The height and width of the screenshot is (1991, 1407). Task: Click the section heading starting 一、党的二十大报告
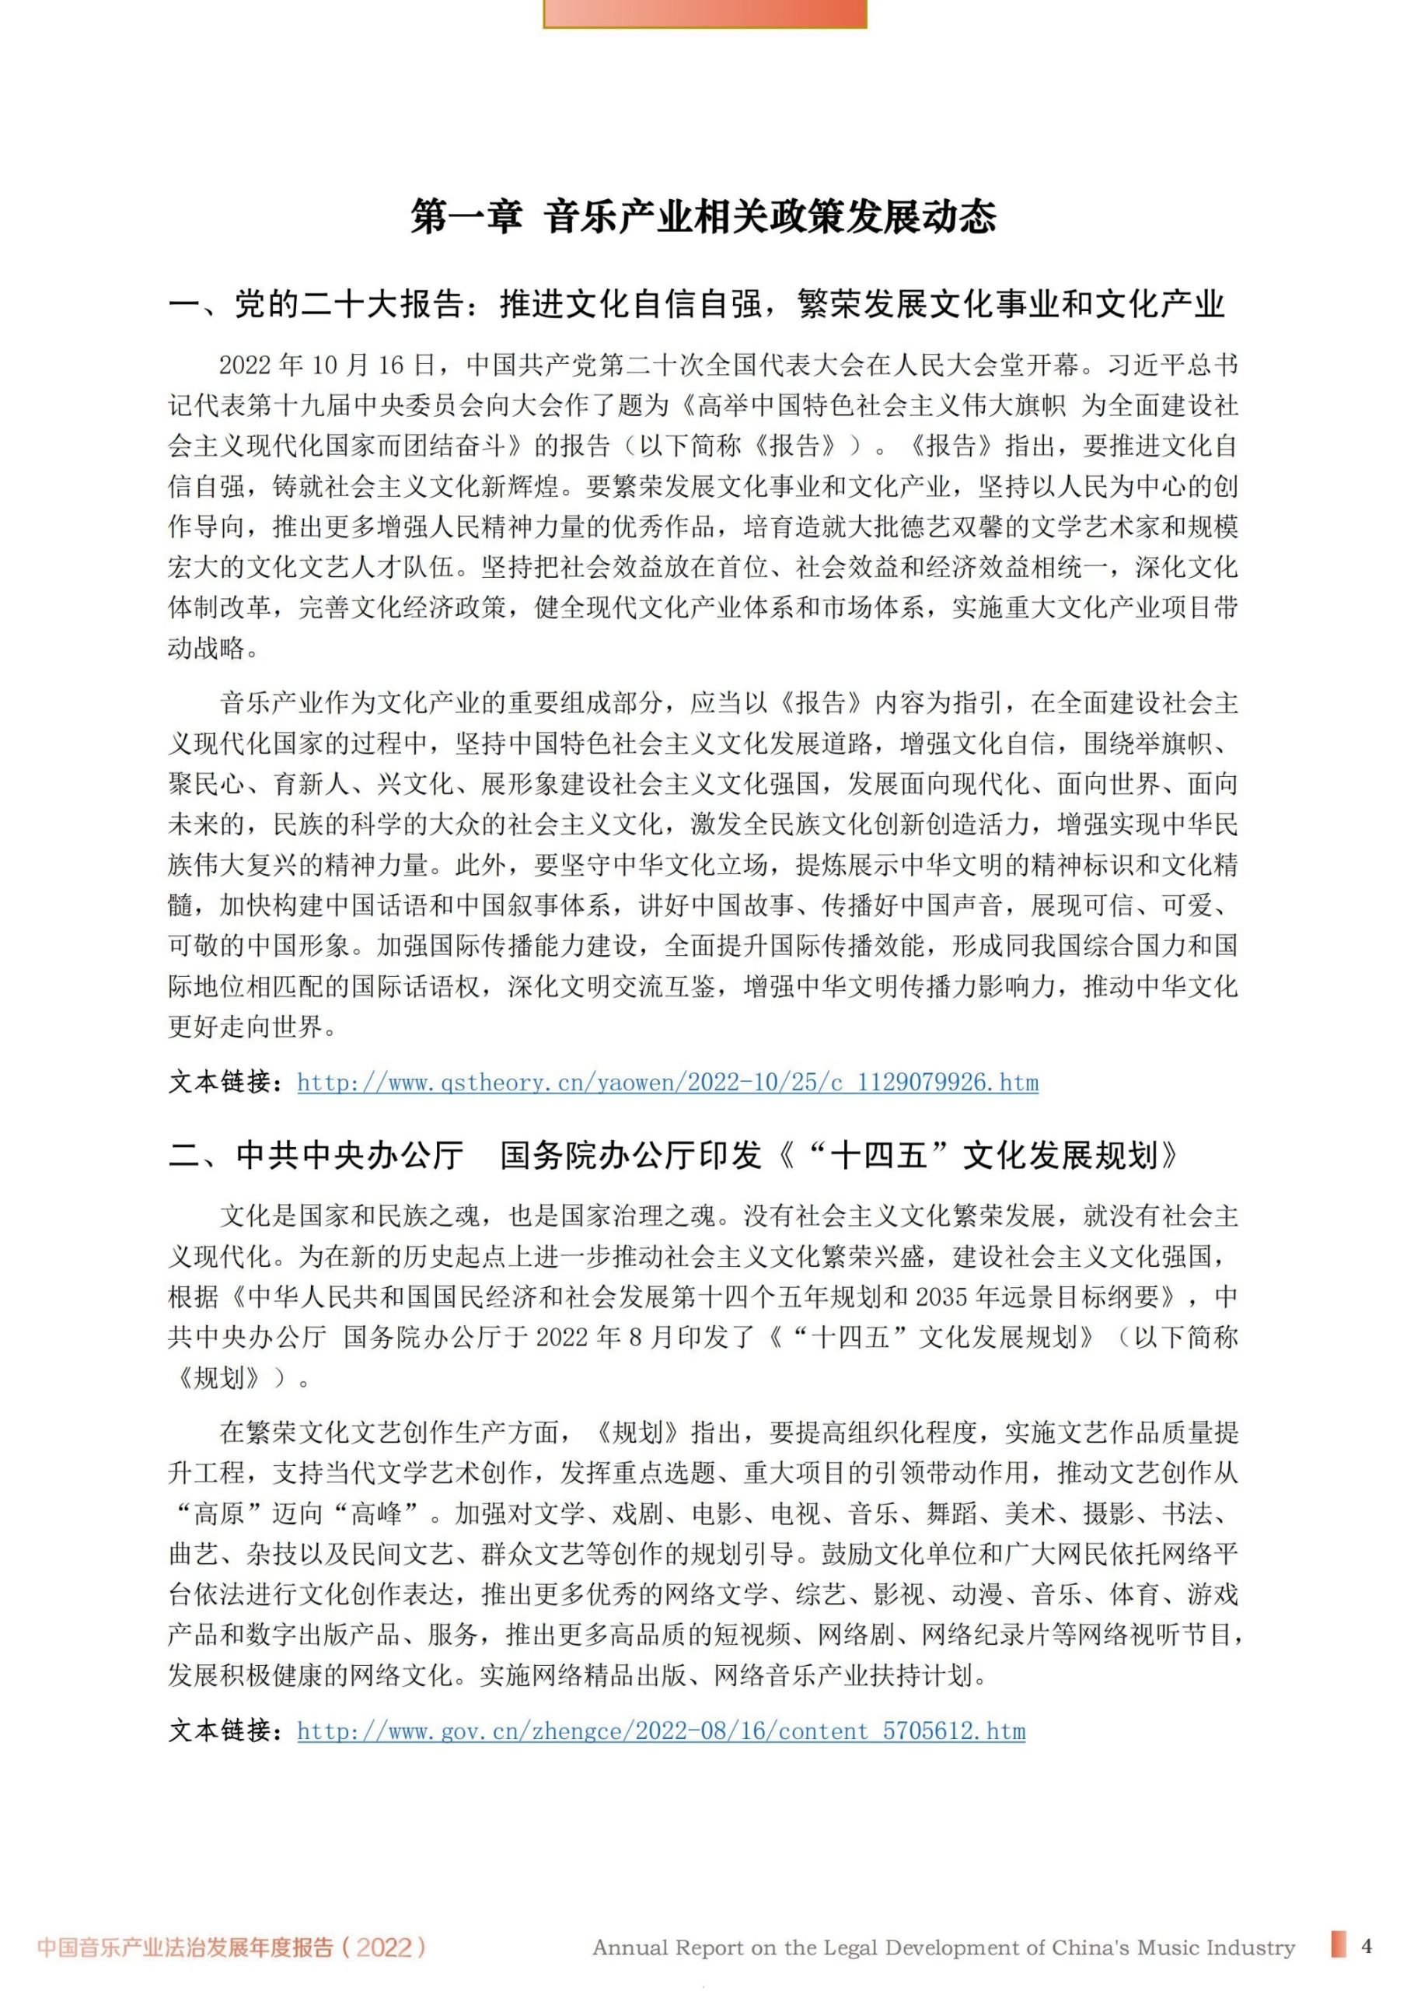point(697,304)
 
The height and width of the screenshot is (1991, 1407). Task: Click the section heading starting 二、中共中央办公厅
point(674,1155)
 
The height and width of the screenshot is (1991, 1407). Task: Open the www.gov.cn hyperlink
point(661,1731)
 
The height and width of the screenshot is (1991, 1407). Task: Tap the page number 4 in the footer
point(1367,1945)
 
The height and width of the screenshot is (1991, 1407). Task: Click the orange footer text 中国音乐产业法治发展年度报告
point(185,1947)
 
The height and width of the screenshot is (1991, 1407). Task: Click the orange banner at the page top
point(704,13)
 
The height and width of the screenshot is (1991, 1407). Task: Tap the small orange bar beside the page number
point(1339,1944)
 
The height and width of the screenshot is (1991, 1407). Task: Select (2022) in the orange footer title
point(384,1947)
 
